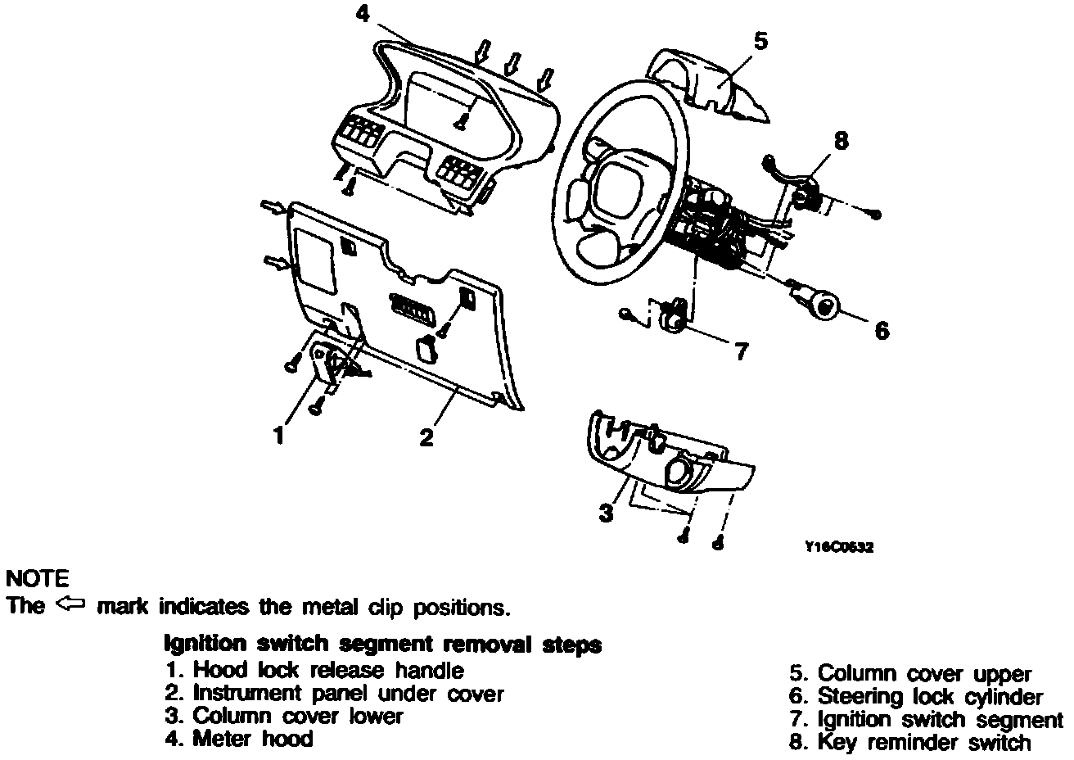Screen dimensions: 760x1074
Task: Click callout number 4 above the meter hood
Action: coord(362,14)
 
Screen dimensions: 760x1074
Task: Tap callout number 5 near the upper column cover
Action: coord(760,40)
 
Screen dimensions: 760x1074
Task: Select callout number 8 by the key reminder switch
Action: coord(841,140)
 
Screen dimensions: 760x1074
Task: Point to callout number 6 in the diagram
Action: coord(881,330)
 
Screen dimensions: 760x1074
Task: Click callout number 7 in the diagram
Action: coord(740,351)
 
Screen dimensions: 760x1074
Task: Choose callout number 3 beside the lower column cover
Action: coord(605,513)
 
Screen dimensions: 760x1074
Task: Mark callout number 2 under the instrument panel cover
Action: coord(426,437)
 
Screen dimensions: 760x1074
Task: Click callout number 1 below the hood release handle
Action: coord(279,435)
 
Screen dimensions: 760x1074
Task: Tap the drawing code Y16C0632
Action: coord(839,547)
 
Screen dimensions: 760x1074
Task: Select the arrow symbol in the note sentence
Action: coord(71,606)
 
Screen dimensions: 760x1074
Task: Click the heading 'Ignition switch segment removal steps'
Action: coord(383,645)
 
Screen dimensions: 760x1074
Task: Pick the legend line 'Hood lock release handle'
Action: coord(314,670)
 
